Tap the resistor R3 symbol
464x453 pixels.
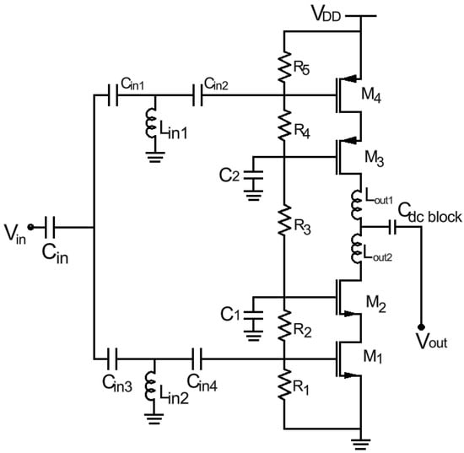(x=284, y=221)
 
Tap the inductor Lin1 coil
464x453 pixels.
(x=153, y=121)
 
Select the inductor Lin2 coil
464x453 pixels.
(x=153, y=386)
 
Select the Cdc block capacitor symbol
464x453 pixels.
(x=394, y=227)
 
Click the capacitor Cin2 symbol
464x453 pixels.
(x=202, y=95)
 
